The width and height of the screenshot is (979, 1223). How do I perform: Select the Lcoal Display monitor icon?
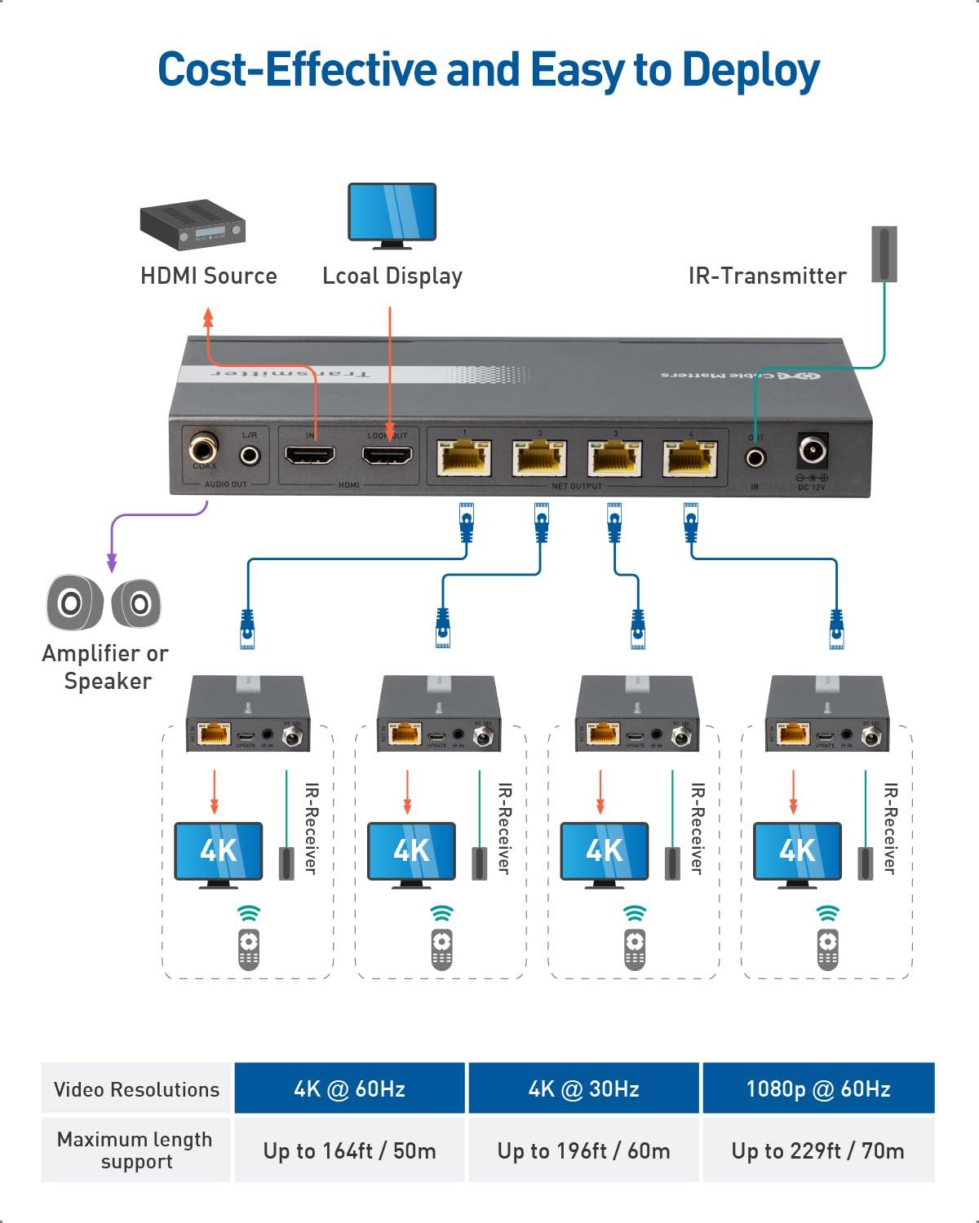click(392, 214)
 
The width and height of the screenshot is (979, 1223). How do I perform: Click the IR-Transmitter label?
click(767, 276)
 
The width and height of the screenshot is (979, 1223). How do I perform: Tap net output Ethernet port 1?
click(464, 458)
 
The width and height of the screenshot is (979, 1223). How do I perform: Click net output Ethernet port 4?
click(690, 458)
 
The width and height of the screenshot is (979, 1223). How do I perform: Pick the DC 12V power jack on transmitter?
click(812, 451)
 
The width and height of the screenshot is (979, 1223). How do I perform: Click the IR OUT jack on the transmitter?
click(755, 457)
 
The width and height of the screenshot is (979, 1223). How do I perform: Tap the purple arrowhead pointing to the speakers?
click(112, 564)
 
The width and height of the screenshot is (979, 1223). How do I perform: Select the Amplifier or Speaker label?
click(105, 667)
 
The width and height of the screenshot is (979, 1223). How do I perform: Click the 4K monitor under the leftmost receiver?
click(218, 851)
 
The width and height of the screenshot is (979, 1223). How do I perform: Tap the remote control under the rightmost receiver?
click(827, 948)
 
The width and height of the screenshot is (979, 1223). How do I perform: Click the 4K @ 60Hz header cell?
click(349, 1088)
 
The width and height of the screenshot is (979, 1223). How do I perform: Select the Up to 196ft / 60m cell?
click(583, 1150)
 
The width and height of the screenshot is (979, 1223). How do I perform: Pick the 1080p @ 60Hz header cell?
click(817, 1088)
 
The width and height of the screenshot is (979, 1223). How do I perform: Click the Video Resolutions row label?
click(136, 1089)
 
